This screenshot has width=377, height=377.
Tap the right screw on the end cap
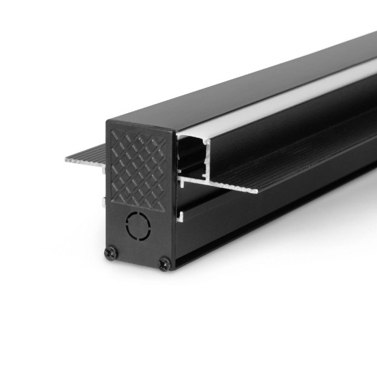coord(164,263)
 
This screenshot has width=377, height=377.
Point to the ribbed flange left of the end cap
coord(84,159)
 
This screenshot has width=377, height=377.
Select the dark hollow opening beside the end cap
coord(190,156)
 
